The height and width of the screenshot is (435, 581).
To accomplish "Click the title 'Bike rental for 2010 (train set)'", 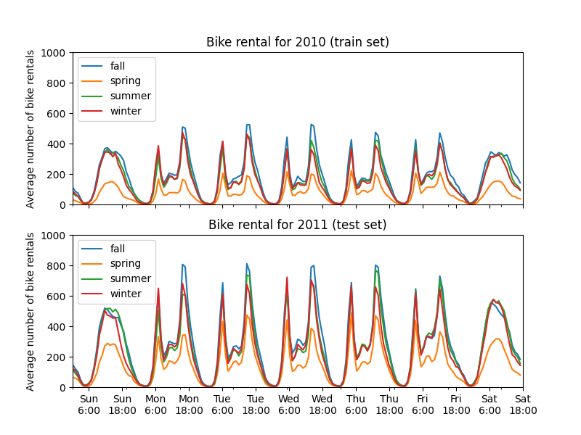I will click(298, 42).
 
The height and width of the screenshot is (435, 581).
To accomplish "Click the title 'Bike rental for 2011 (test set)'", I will click(298, 225).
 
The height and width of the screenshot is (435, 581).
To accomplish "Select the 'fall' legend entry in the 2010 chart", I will click(118, 66).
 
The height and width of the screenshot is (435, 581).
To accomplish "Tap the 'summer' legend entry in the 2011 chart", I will click(131, 278).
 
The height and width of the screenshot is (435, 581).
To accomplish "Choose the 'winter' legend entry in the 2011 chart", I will click(126, 294).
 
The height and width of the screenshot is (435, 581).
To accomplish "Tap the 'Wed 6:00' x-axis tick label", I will click(289, 405).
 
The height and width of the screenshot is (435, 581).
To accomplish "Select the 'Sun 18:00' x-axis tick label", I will click(122, 405).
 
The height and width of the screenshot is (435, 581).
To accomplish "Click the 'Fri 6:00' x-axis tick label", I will click(423, 405).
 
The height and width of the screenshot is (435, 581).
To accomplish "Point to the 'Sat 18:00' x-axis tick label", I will click(523, 405).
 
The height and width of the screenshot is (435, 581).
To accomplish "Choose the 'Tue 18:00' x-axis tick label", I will click(256, 405).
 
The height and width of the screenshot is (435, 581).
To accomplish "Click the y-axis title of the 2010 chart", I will click(31, 129).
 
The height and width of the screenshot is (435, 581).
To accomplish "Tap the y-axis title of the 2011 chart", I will click(31, 312).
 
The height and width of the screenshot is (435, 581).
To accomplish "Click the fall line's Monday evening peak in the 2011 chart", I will click(182, 265).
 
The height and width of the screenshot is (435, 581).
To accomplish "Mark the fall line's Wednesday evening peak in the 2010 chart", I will click(311, 124).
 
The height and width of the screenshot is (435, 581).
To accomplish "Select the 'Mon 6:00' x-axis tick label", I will click(155, 405).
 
